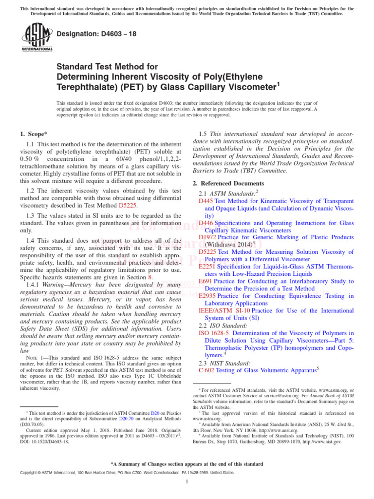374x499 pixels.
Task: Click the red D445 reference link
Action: tap(206, 201)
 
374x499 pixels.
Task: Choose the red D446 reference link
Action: tap(206, 223)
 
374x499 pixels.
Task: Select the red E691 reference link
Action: tap(206, 281)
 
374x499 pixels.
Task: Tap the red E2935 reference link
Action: tap(208, 296)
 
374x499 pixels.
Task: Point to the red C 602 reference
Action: tap(208, 370)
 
